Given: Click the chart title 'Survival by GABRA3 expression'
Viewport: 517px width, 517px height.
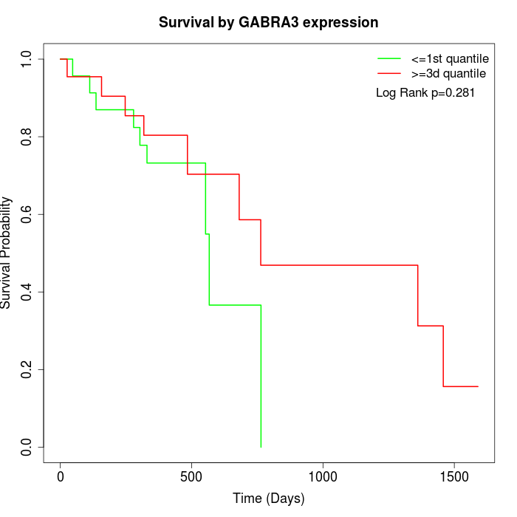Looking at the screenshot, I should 268,22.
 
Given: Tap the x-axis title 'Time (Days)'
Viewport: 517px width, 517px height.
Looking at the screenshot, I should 268,499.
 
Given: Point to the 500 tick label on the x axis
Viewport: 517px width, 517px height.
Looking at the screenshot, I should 191,477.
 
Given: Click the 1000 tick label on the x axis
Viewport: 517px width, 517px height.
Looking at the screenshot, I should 323,477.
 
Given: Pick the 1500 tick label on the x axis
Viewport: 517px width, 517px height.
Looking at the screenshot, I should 453,477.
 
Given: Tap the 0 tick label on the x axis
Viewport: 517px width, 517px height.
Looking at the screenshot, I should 61,477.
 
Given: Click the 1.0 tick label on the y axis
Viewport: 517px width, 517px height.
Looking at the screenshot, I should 27,59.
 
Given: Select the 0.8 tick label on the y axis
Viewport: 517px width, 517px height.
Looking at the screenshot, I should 27,137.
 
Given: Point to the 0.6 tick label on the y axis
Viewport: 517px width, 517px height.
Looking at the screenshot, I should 27,214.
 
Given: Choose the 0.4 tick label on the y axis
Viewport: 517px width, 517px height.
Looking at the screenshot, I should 27,292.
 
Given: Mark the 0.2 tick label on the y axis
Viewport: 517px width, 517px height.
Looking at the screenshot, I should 27,369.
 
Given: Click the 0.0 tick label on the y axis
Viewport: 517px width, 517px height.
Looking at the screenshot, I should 27,447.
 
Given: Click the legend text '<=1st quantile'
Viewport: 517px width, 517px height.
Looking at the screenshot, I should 450,58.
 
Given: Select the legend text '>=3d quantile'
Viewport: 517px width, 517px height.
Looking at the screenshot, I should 448,74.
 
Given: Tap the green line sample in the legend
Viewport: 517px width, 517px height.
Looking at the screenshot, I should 389,58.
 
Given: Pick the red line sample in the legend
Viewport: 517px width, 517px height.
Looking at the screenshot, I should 389,74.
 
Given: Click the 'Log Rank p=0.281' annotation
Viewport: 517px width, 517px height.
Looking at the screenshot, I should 425,93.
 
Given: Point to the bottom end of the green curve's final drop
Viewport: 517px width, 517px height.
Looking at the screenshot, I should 261,447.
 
